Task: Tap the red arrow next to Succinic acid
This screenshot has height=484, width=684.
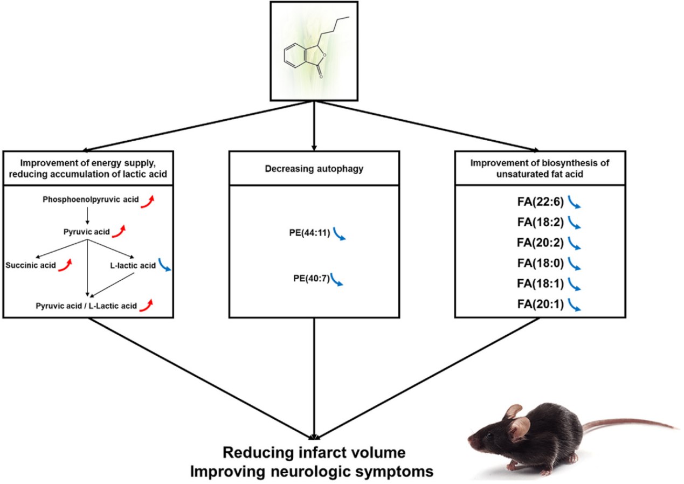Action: click(66, 264)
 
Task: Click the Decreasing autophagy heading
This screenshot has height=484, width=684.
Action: click(314, 169)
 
